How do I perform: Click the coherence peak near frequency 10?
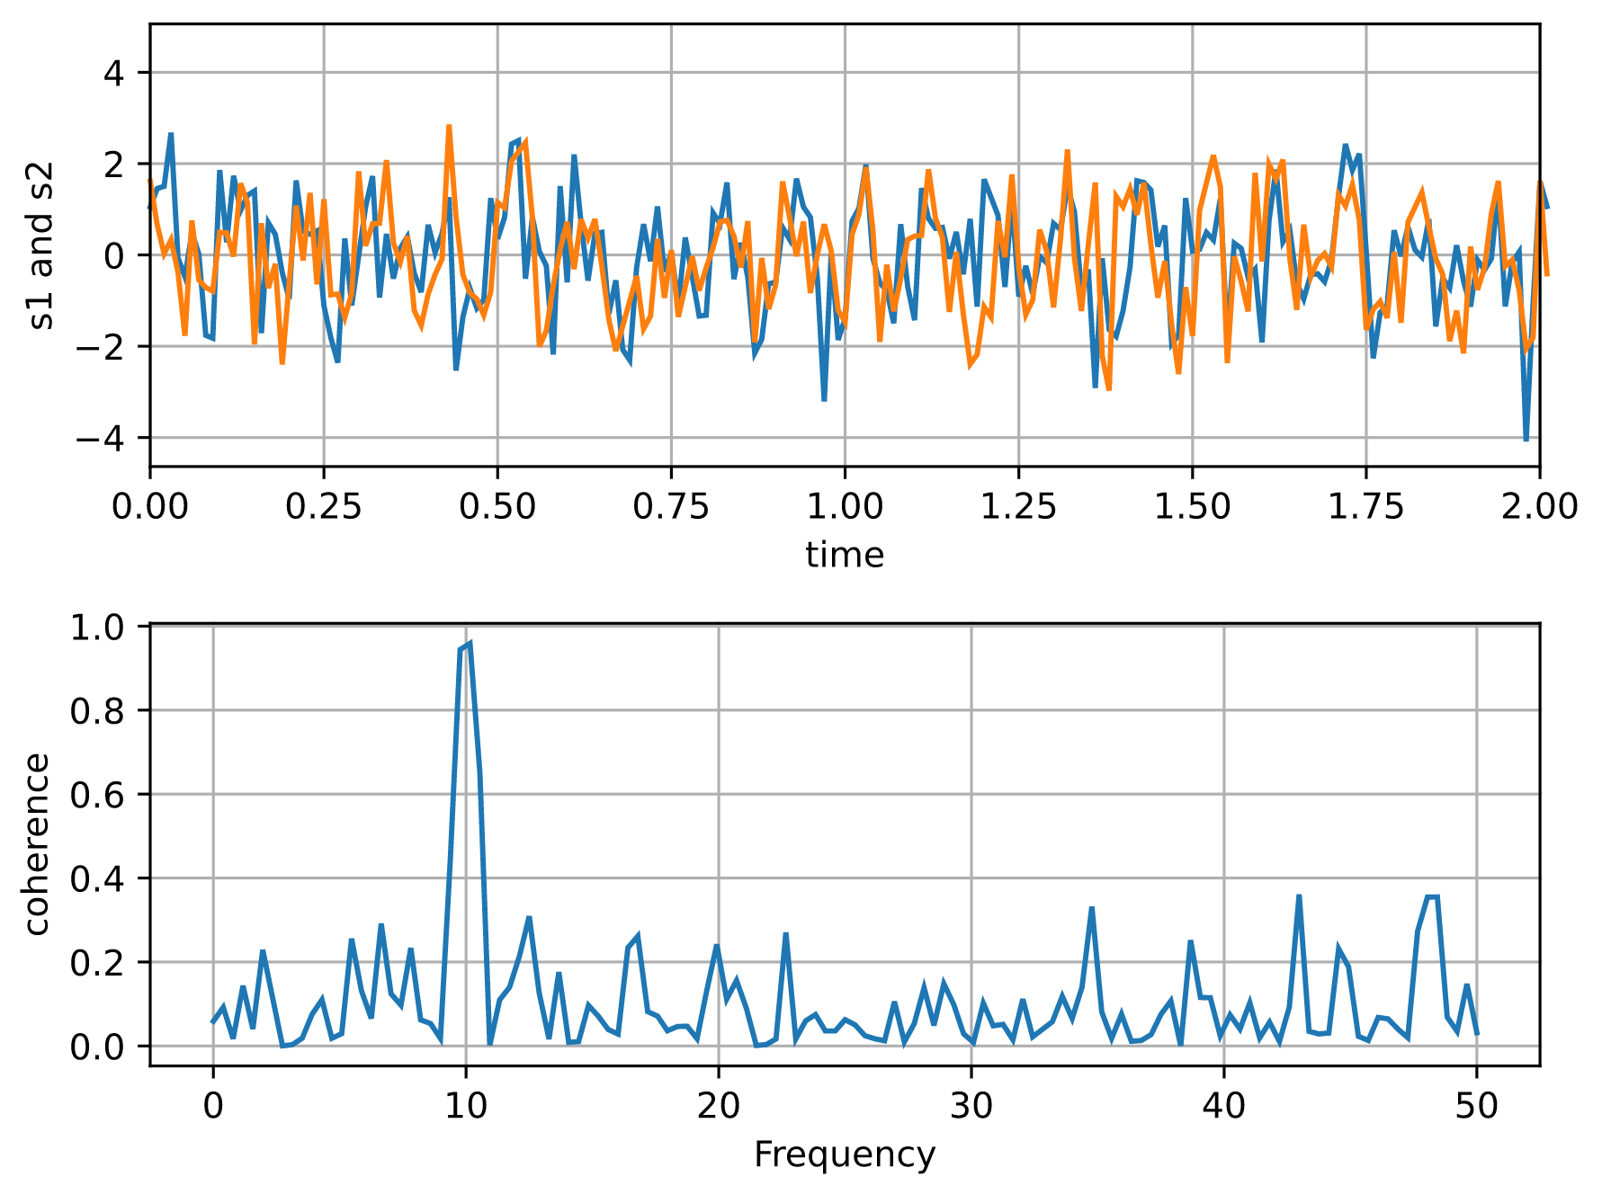(470, 644)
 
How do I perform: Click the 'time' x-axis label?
(844, 555)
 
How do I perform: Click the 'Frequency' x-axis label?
(844, 1154)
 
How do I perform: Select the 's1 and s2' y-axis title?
(41, 245)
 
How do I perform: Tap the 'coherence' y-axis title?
(36, 844)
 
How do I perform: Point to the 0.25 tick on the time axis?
(323, 507)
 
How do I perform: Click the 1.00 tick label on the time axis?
(844, 507)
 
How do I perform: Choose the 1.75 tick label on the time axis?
(1365, 507)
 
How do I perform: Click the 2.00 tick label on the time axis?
(1538, 507)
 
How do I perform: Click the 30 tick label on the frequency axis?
(971, 1106)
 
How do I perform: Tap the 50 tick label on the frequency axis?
(1476, 1106)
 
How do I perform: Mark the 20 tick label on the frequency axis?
(718, 1106)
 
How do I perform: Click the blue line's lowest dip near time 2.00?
(1526, 440)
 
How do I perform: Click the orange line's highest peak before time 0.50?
(448, 127)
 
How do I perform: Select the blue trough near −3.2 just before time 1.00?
(824, 399)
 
